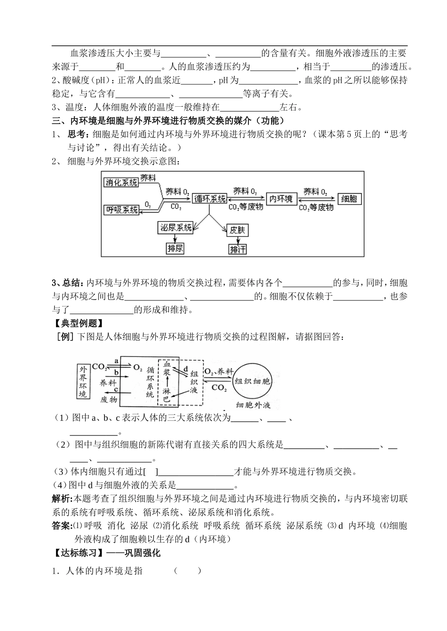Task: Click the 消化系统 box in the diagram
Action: pyautogui.click(x=122, y=182)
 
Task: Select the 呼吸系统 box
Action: pyautogui.click(x=122, y=210)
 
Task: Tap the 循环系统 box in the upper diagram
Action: pyautogui.click(x=210, y=199)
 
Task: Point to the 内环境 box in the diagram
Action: pyautogui.click(x=280, y=199)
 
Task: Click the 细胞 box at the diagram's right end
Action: pyautogui.click(x=349, y=199)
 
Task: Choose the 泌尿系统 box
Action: pyautogui.click(x=176, y=228)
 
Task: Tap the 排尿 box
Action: pyautogui.click(x=176, y=248)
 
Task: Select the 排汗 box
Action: pyautogui.click(x=238, y=249)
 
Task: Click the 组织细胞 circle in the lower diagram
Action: pyautogui.click(x=253, y=381)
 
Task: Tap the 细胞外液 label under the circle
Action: pyautogui.click(x=253, y=405)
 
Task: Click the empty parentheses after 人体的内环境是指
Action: pyautogui.click(x=187, y=571)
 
